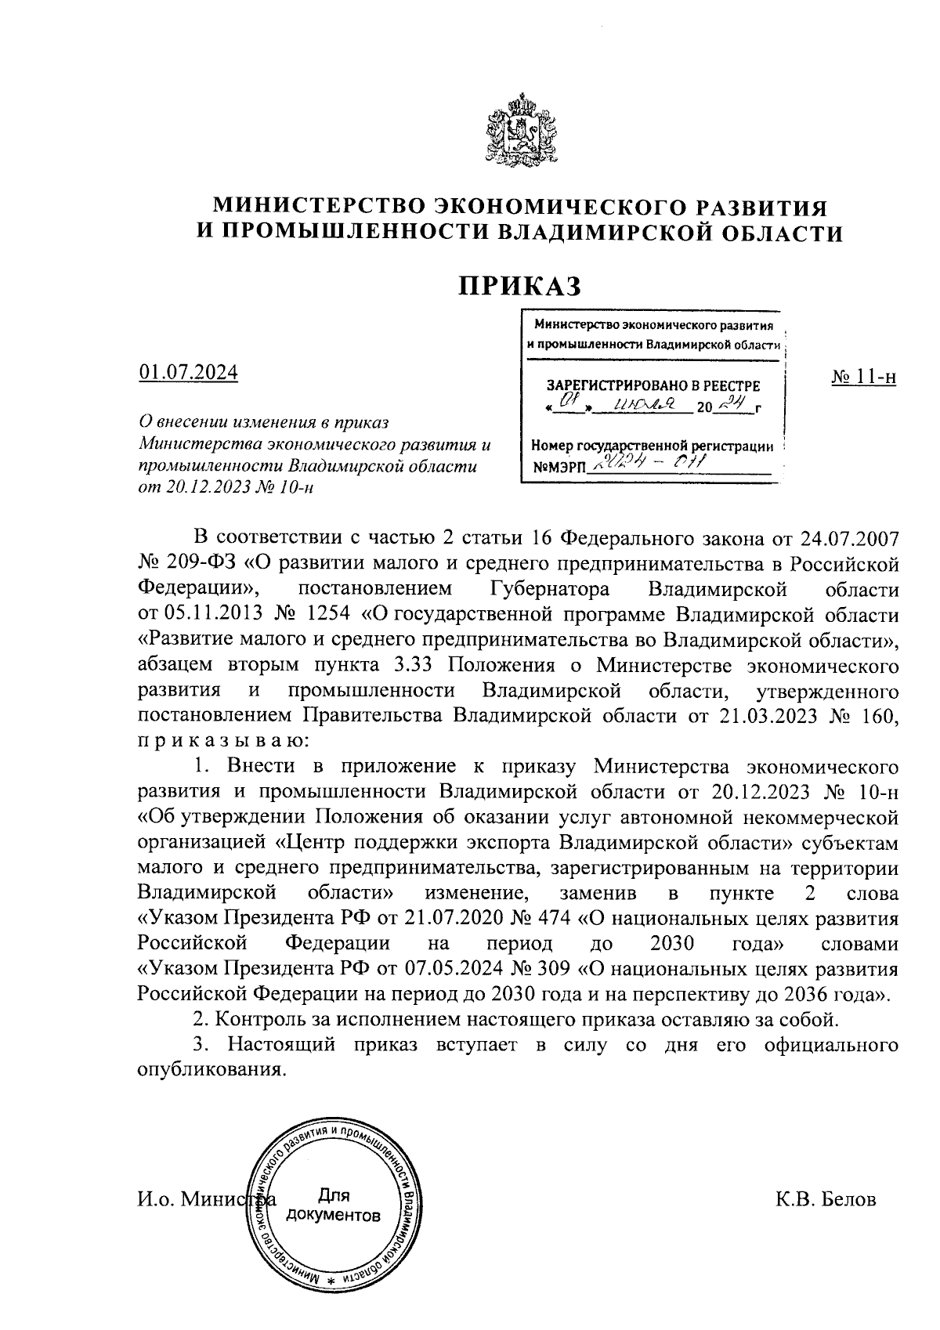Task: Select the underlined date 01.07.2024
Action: [188, 372]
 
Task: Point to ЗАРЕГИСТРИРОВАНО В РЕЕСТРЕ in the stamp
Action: [653, 385]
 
